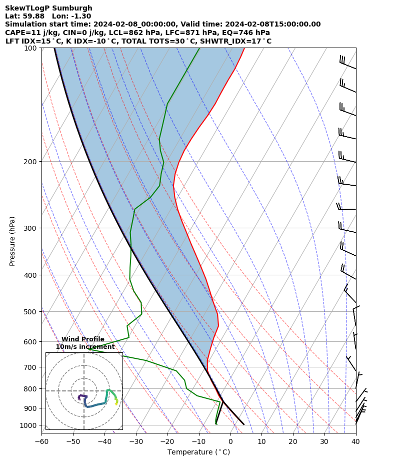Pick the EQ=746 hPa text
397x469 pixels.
point(243,33)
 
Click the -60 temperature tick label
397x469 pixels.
point(41,441)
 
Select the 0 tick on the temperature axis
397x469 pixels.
point(230,441)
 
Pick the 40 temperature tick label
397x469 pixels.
point(355,441)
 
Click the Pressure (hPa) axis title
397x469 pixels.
point(12,241)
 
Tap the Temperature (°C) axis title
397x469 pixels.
point(198,452)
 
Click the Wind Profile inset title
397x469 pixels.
point(83,339)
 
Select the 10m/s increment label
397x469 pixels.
point(85,347)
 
